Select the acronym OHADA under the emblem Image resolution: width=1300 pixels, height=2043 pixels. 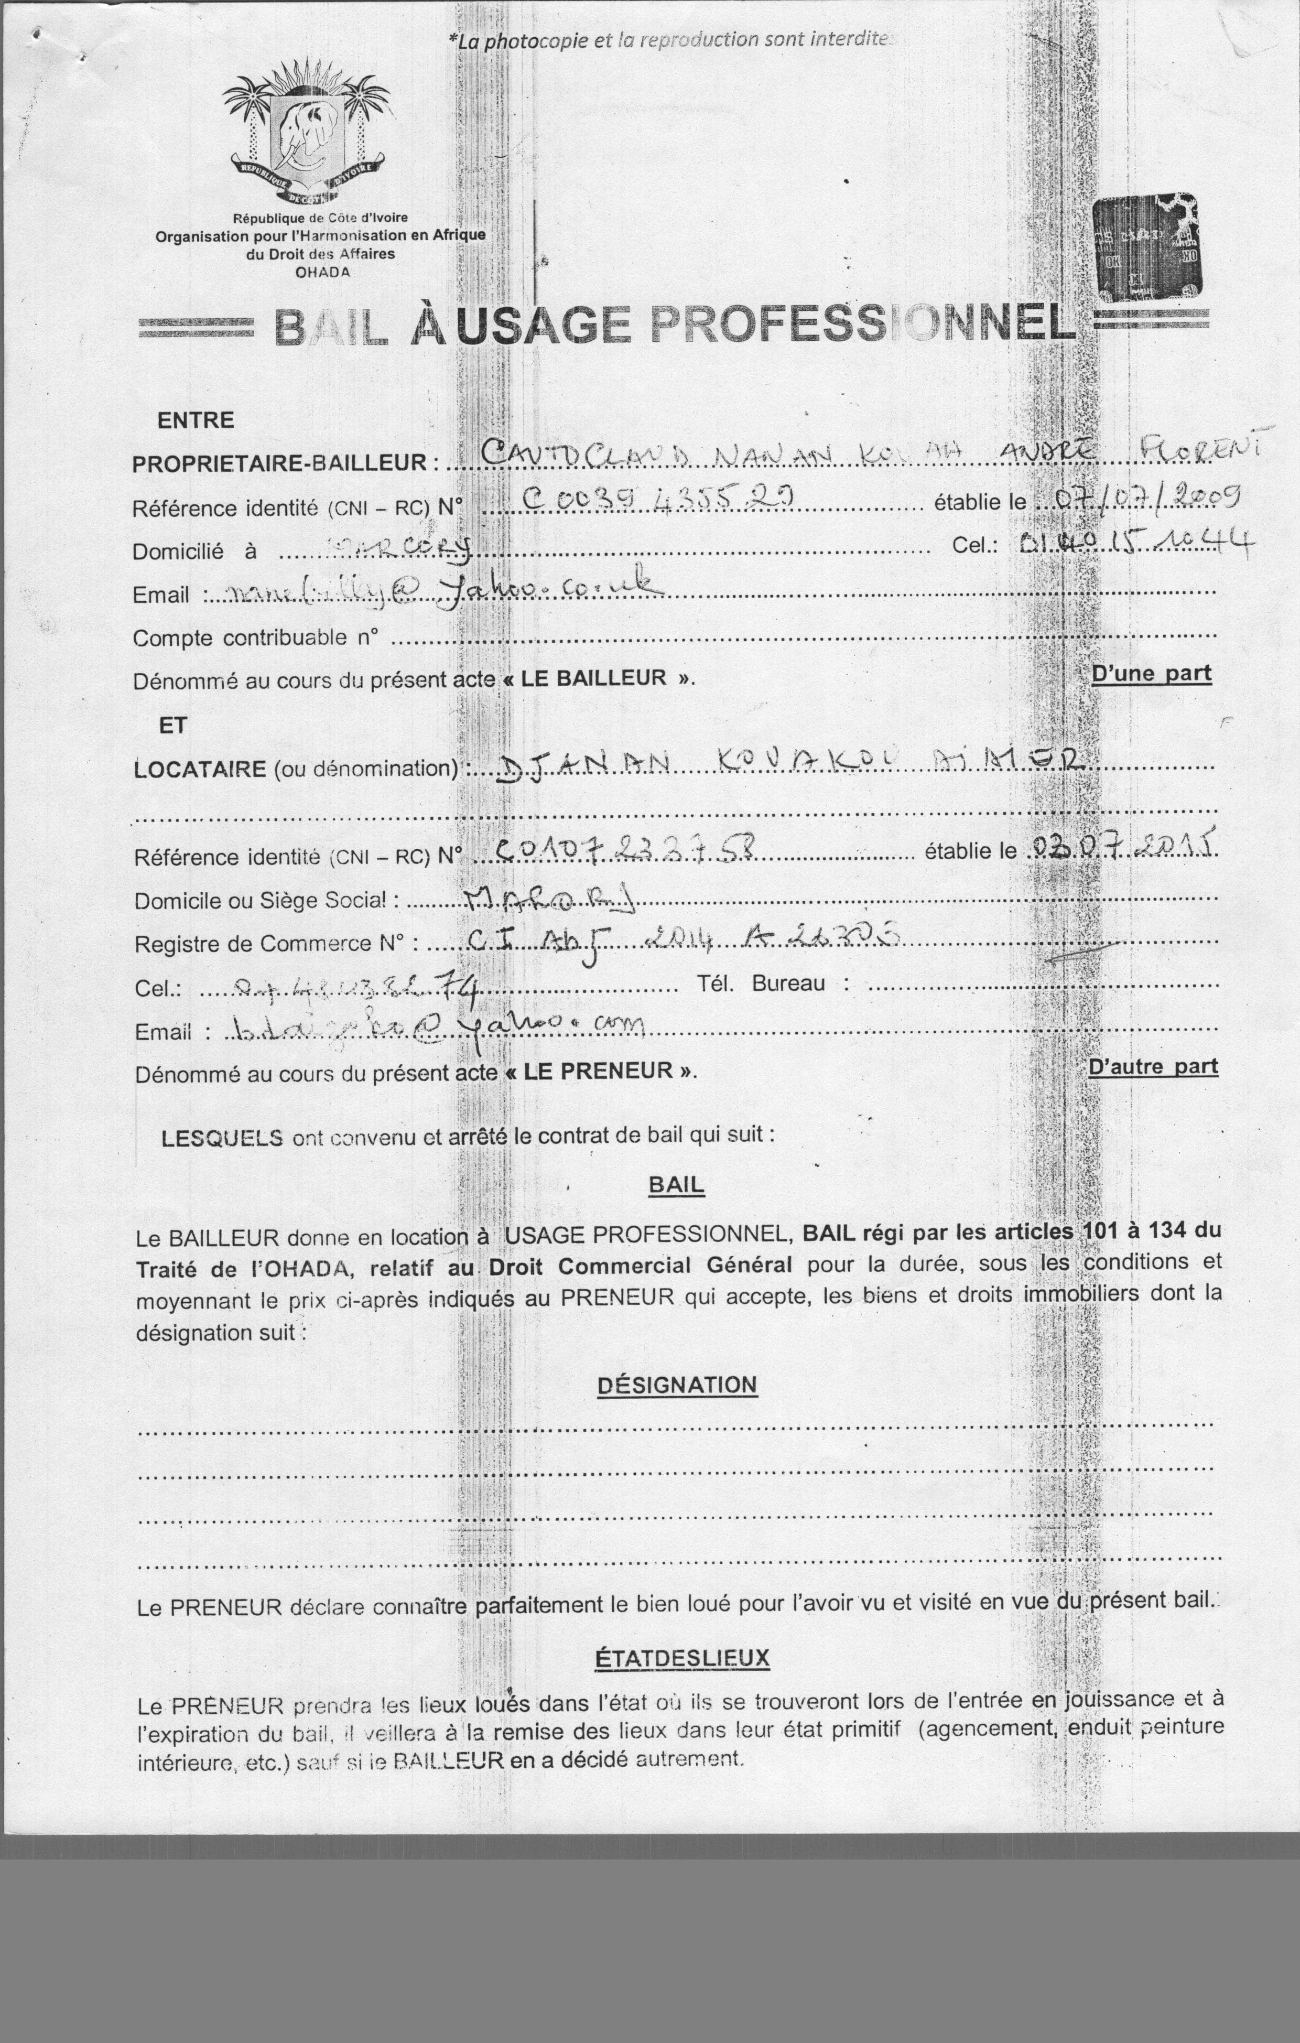coord(322,272)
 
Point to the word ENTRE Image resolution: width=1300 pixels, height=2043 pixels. coord(195,420)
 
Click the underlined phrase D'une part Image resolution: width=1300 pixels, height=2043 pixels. coord(1151,674)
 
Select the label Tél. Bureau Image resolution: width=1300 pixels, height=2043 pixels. coord(772,984)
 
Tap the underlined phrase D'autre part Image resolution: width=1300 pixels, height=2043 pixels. coord(1152,1066)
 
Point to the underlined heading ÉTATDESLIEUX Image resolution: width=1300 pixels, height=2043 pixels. coord(681,1658)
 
